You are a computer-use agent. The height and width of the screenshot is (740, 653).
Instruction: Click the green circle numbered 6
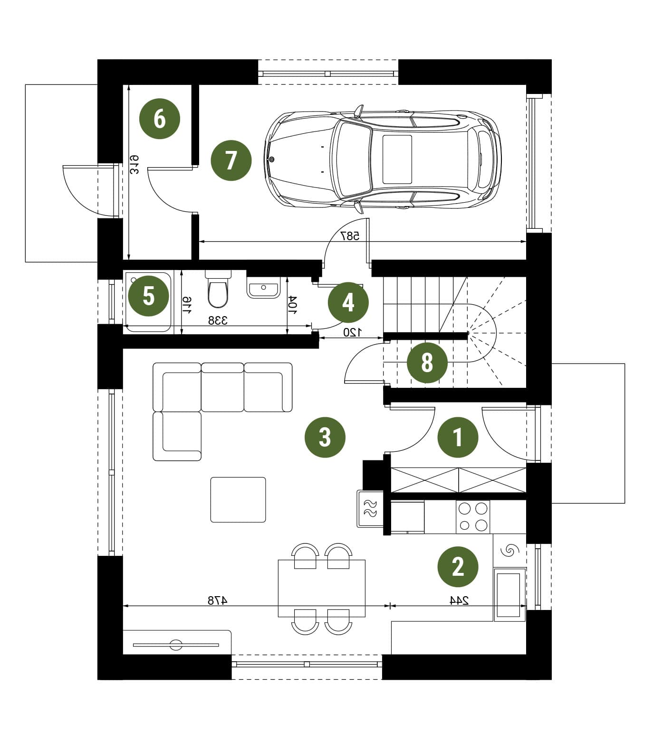coord(160,118)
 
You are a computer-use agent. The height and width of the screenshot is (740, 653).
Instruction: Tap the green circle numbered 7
coord(231,160)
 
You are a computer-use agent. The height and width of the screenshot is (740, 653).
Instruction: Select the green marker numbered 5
coord(149,297)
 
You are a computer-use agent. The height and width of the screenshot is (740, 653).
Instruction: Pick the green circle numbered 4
coord(348,302)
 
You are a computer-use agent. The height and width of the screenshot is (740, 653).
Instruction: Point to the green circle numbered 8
coord(427,363)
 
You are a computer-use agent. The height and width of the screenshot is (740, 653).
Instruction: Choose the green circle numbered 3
coord(325,437)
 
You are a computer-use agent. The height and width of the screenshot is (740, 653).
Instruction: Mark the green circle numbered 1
coord(458,437)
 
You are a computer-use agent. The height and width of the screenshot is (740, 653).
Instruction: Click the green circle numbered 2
coord(458,566)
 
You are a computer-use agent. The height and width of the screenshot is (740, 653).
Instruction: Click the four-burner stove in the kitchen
coord(473,517)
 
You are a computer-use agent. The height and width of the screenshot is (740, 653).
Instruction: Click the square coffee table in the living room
coord(238,499)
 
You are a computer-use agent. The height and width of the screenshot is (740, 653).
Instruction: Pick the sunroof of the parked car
coord(397,159)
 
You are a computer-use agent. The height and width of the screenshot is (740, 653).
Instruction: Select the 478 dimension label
coord(218,600)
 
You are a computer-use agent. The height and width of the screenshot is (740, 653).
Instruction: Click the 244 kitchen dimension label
coord(459,600)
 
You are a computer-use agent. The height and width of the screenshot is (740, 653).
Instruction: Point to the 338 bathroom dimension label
coord(218,320)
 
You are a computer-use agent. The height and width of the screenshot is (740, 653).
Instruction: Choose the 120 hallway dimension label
coord(353,332)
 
